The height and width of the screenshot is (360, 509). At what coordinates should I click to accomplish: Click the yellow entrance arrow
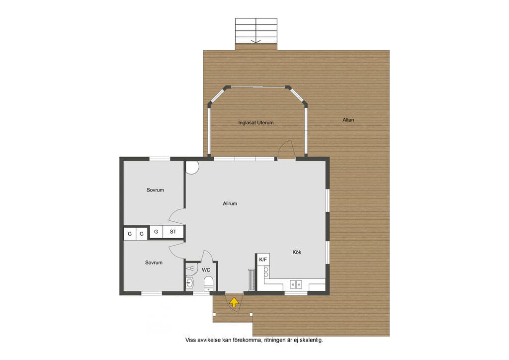point(234,302)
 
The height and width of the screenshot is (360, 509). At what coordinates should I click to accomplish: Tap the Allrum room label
point(230,203)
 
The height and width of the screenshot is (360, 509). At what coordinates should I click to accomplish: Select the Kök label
point(297,252)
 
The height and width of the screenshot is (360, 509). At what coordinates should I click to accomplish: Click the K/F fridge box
point(263,260)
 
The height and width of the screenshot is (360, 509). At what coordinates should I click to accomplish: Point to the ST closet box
point(173,232)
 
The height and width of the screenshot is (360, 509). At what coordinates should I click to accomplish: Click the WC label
point(206,270)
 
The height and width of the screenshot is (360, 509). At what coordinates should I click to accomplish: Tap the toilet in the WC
point(208,284)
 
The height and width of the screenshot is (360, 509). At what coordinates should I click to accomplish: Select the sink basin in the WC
point(189,283)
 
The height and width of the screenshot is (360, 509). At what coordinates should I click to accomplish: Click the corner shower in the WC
point(191,269)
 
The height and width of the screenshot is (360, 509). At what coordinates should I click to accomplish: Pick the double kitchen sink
point(296,284)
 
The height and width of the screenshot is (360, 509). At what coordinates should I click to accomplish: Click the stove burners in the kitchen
point(266,272)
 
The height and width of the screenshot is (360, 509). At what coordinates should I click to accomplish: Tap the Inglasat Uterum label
point(256,123)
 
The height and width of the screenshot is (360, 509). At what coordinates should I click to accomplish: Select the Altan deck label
point(348,120)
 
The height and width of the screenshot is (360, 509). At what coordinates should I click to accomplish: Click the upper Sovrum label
point(155,190)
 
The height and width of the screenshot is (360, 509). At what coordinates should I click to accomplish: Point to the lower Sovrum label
point(154,262)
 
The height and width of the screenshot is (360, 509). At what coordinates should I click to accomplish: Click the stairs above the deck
point(256,31)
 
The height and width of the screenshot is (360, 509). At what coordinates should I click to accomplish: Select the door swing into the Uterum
point(286,149)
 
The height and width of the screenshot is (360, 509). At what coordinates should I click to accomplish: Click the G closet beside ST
point(156,232)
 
